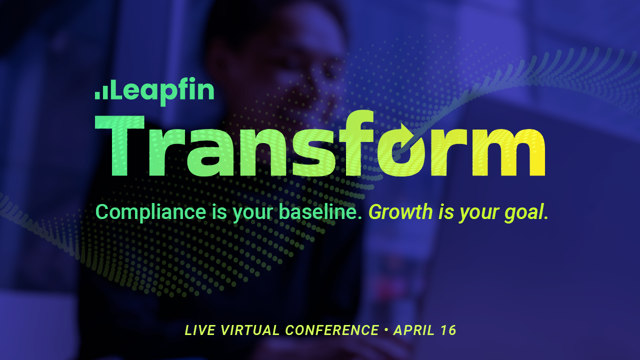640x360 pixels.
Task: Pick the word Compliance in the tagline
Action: (150, 212)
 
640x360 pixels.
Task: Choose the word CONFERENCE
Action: (332, 330)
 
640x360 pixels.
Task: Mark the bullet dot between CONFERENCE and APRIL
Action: (386, 330)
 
